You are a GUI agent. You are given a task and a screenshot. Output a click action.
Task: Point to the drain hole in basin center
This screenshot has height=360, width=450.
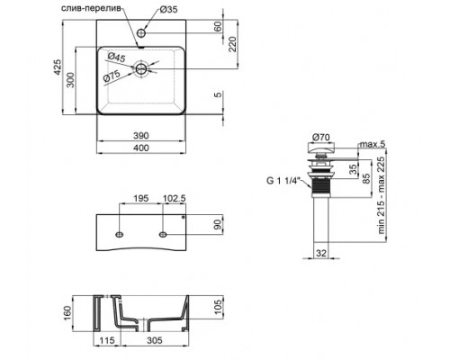coord(141,67)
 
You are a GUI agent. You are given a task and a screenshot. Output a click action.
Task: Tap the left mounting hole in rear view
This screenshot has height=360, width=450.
coord(119,234)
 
